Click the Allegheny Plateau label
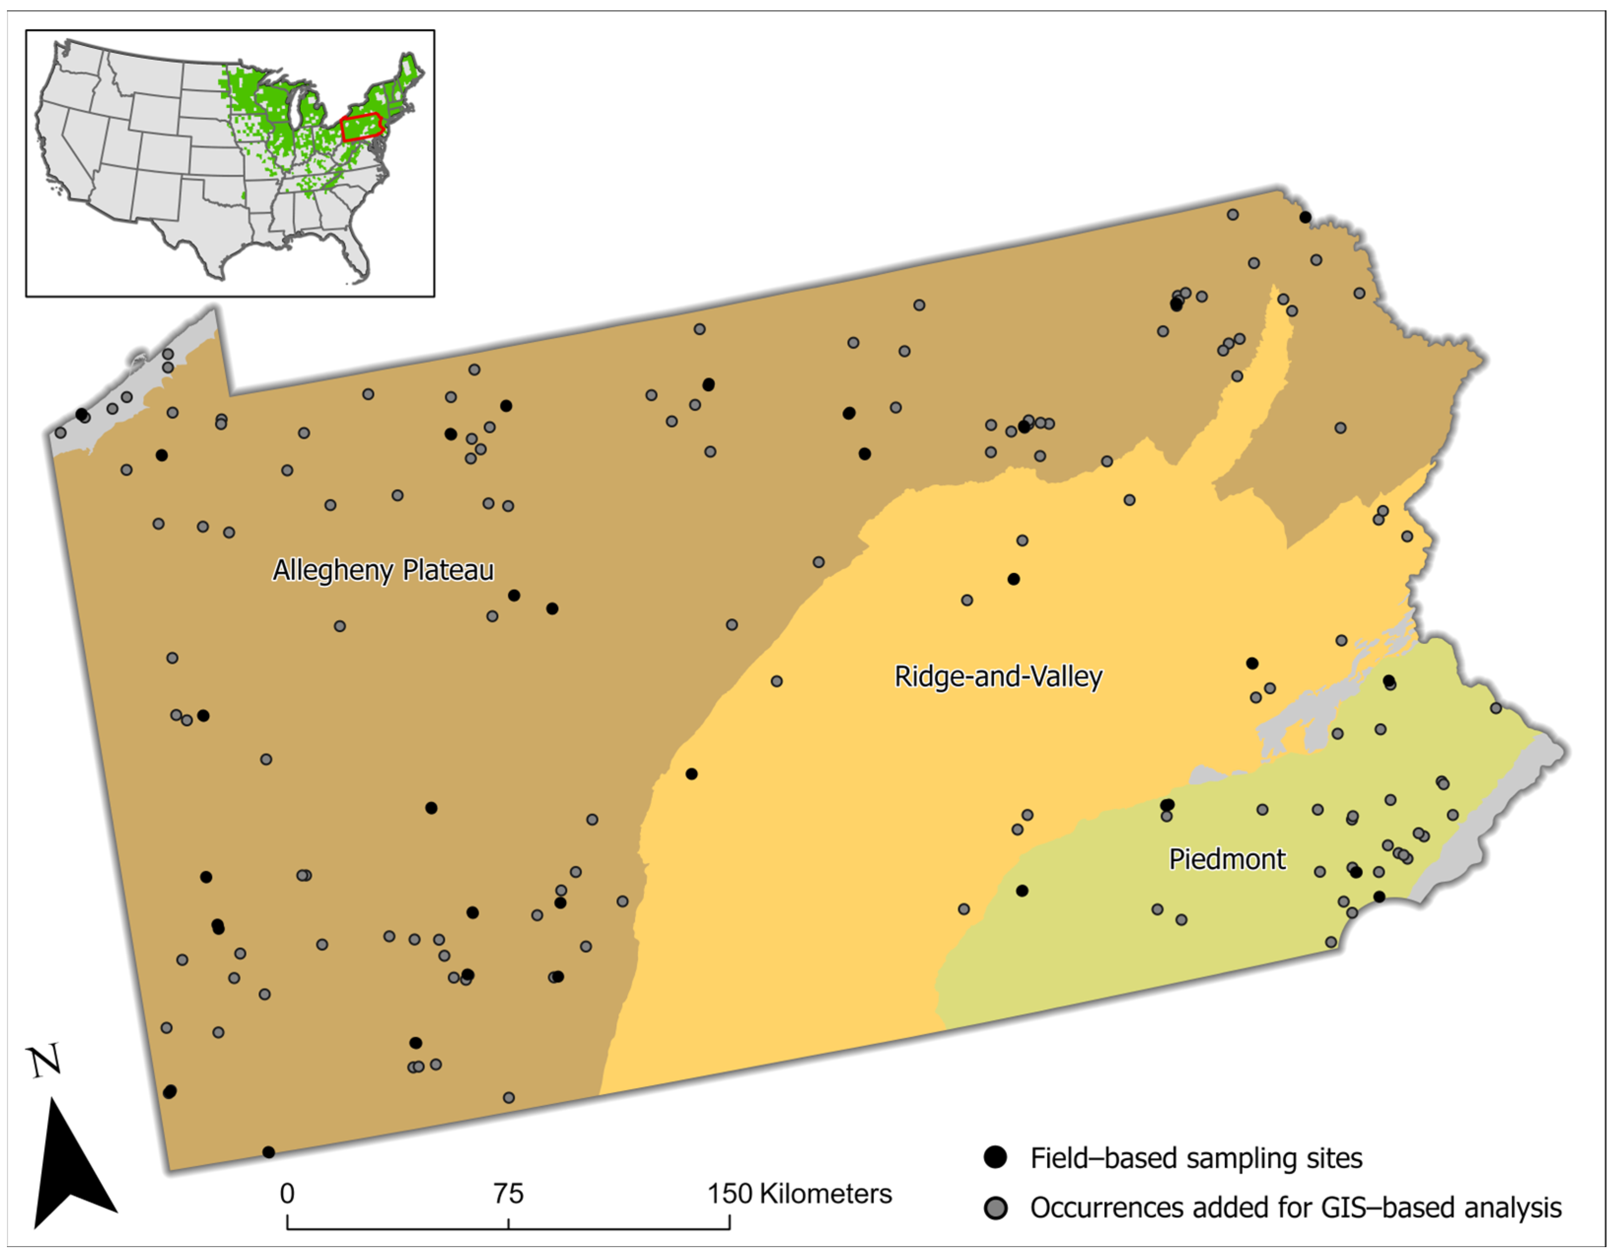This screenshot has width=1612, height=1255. coord(383,571)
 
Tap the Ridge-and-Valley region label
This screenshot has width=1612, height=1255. coord(998,676)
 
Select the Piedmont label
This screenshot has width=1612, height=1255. coord(1227,860)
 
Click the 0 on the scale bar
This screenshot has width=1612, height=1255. coord(287,1194)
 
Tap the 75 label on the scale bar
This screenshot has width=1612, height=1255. coord(509,1194)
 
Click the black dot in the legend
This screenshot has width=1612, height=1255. coord(996,1157)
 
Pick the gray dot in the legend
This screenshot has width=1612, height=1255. coord(996,1208)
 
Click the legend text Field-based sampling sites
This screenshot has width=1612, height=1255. coord(1196,1157)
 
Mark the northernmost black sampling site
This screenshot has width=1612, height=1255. coord(1305,217)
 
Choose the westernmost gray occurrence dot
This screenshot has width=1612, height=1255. coord(61,432)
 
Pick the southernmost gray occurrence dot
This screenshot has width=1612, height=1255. coord(509,1098)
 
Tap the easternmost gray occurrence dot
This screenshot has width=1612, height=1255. coord(1495,708)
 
